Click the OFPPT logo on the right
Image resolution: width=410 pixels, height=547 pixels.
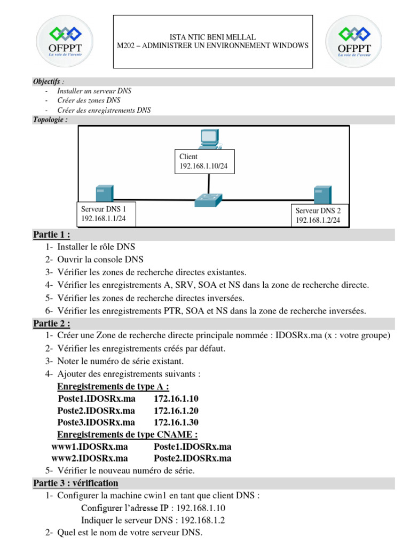click(x=354, y=42)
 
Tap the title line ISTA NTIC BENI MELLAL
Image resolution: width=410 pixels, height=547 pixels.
click(x=212, y=37)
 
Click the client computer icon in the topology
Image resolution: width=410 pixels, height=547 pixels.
click(x=209, y=139)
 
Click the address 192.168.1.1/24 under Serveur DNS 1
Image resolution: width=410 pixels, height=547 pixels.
click(x=104, y=218)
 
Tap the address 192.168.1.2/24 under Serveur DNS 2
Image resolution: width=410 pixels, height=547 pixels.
click(x=318, y=220)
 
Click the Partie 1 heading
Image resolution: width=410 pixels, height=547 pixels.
click(x=52, y=235)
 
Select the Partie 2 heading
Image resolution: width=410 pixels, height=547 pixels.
click(x=52, y=323)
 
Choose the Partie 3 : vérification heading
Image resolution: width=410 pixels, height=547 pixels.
click(x=76, y=483)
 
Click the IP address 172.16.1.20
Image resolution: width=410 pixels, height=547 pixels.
click(x=176, y=411)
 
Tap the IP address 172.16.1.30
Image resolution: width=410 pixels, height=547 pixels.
click(x=176, y=423)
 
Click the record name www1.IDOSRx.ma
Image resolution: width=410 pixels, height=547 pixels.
click(x=89, y=447)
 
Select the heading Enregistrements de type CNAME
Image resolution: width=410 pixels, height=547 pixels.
click(x=128, y=434)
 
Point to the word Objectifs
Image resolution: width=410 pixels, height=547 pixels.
click(x=47, y=82)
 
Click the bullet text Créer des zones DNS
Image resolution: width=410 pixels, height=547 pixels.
click(x=89, y=100)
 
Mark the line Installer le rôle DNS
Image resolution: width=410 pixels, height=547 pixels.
click(x=96, y=247)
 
